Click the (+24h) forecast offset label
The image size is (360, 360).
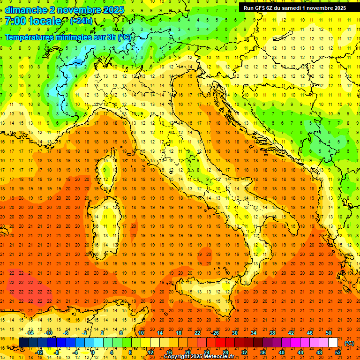pyautogui.click(x=81, y=21)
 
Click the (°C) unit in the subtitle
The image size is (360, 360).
pyautogui.click(x=125, y=37)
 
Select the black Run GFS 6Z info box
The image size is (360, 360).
pyautogui.click(x=295, y=7)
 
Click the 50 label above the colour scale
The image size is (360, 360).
pyautogui.click(x=328, y=333)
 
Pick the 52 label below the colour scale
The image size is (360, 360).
pyautogui.click(x=338, y=352)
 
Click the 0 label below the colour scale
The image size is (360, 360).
pyautogui.click(x=93, y=352)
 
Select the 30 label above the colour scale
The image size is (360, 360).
pyautogui.click(x=234, y=333)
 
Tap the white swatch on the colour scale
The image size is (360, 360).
pyautogui.click(x=333, y=343)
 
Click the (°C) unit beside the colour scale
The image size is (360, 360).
pyautogui.click(x=349, y=343)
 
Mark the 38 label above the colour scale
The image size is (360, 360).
pyautogui.click(x=272, y=333)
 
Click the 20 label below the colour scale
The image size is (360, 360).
pyautogui.click(x=187, y=352)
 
